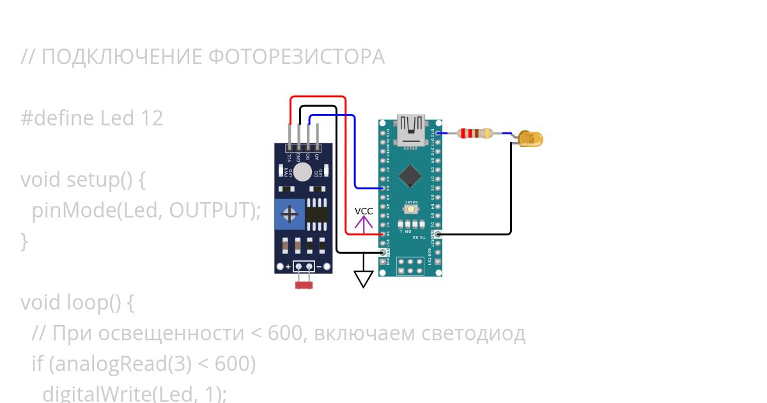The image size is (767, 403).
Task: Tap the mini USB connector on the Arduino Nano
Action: (x=410, y=128)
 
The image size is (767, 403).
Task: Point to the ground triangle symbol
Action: (x=364, y=279)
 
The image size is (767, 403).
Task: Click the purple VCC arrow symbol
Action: (x=364, y=224)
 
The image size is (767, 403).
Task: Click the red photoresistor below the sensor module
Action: (x=304, y=285)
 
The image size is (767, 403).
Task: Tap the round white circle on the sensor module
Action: (x=303, y=172)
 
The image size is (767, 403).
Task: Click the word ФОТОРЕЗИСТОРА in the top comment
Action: (x=297, y=57)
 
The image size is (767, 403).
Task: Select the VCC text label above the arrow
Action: (x=364, y=211)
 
